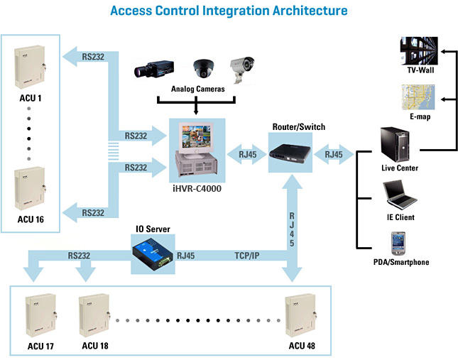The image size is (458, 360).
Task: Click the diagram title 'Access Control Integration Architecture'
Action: [229, 11]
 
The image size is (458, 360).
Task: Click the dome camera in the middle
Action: [205, 68]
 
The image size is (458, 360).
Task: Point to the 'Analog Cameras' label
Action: [197, 89]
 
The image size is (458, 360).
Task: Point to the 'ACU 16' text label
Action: [30, 220]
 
